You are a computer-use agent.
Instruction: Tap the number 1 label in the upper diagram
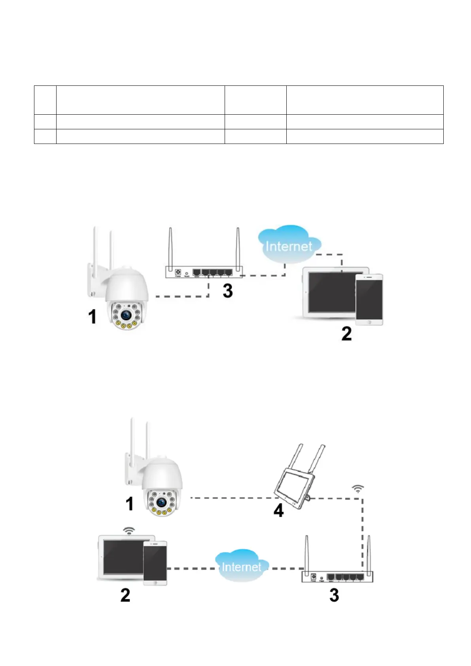(92, 317)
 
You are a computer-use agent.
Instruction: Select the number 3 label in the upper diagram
(227, 291)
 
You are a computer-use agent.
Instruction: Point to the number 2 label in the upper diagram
(346, 334)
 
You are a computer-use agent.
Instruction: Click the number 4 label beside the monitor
(278, 511)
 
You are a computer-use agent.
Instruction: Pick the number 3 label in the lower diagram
(334, 595)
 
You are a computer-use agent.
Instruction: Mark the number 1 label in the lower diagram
(129, 504)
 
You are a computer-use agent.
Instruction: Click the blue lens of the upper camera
(126, 315)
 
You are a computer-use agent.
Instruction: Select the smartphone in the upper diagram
(369, 299)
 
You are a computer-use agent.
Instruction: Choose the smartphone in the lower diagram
(155, 563)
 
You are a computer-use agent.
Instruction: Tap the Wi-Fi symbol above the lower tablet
(129, 531)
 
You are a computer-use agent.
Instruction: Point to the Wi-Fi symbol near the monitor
(358, 489)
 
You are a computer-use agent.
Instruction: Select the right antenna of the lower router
(369, 554)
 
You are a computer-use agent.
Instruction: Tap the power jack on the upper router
(178, 272)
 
